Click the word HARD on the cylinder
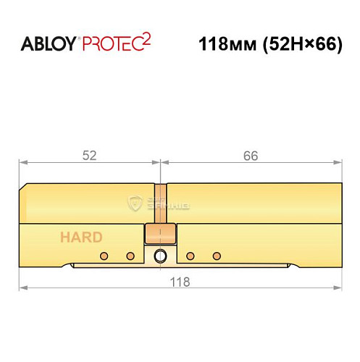point(80,237)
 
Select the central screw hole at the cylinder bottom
point(160,256)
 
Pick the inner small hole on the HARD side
point(130,256)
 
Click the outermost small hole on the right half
point(216,256)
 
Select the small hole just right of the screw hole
point(190,256)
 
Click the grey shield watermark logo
point(135,203)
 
